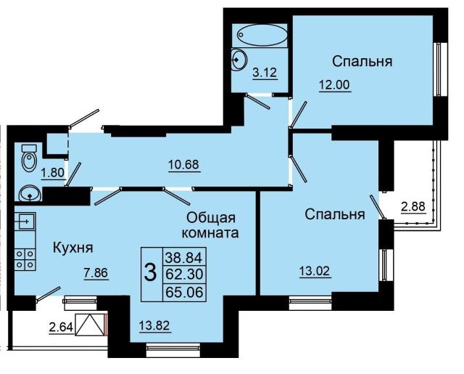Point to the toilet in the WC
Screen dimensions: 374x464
28,158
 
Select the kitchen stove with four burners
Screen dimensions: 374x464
25,259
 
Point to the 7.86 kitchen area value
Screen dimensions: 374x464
94,274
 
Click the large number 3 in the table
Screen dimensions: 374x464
151,274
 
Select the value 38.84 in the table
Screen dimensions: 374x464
186,256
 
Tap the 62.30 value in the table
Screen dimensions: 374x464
186,274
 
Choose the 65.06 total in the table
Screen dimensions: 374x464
186,292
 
